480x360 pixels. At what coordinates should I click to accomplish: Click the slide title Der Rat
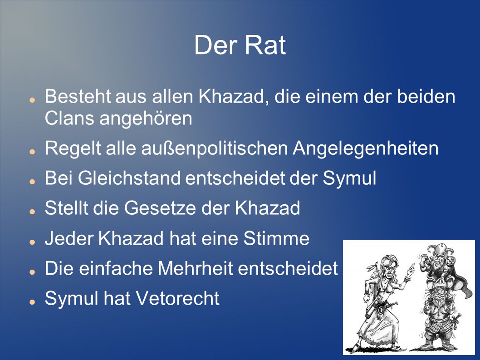pyautogui.click(x=240, y=45)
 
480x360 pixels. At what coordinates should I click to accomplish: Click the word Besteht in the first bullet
pyautogui.click(x=78, y=96)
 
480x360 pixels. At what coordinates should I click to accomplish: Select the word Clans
pyautogui.click(x=69, y=118)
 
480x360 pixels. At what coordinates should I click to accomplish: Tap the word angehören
pyautogui.click(x=146, y=119)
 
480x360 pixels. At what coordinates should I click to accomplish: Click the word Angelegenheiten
pyautogui.click(x=366, y=148)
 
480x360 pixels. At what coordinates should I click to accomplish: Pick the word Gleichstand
pyautogui.click(x=129, y=178)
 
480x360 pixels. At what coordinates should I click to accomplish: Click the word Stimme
pyautogui.click(x=276, y=238)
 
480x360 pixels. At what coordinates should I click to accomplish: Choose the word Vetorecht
pyautogui.click(x=177, y=298)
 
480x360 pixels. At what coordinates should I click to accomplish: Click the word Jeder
pyautogui.click(x=69, y=238)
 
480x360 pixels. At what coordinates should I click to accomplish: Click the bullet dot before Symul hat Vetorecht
pyautogui.click(x=32, y=302)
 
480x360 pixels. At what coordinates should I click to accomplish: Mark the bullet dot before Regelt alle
pyautogui.click(x=32, y=152)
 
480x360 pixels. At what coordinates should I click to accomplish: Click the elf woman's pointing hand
pyautogui.click(x=410, y=270)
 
